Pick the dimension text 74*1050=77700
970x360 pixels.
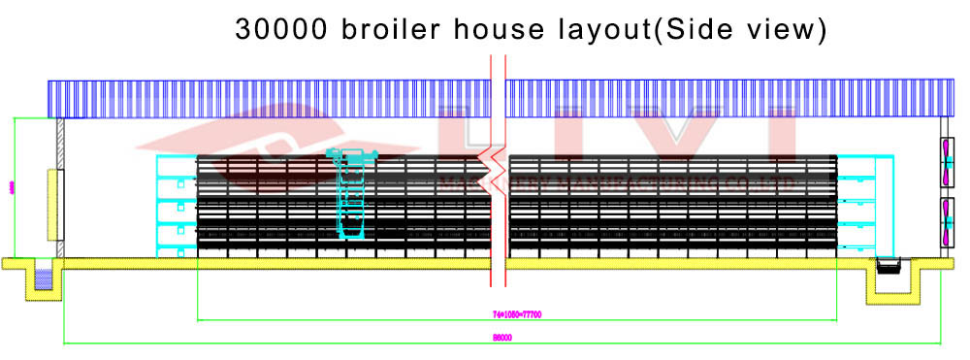(x=515, y=314)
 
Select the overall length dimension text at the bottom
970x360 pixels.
(x=501, y=338)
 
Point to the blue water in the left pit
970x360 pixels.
(x=43, y=280)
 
